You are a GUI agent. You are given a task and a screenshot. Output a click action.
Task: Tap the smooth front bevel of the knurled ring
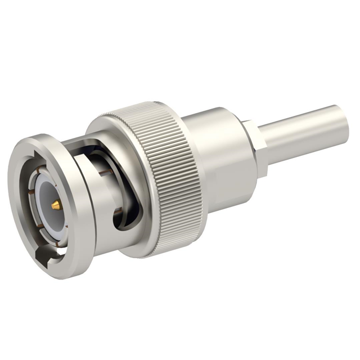(x=107, y=129)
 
